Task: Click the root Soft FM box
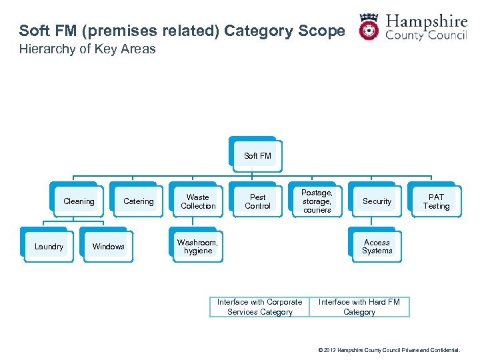[257, 156]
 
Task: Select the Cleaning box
[79, 201]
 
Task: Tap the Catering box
[139, 201]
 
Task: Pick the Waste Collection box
[198, 201]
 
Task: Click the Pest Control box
[257, 201]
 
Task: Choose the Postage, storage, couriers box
[317, 201]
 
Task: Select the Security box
[377, 201]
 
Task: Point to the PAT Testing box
[436, 201]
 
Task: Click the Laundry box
[49, 247]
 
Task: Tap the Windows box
[109, 247]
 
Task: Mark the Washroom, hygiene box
[198, 247]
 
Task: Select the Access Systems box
[377, 247]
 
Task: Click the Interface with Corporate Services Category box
[259, 307]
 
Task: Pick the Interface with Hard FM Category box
[359, 307]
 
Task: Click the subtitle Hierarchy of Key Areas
[87, 49]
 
